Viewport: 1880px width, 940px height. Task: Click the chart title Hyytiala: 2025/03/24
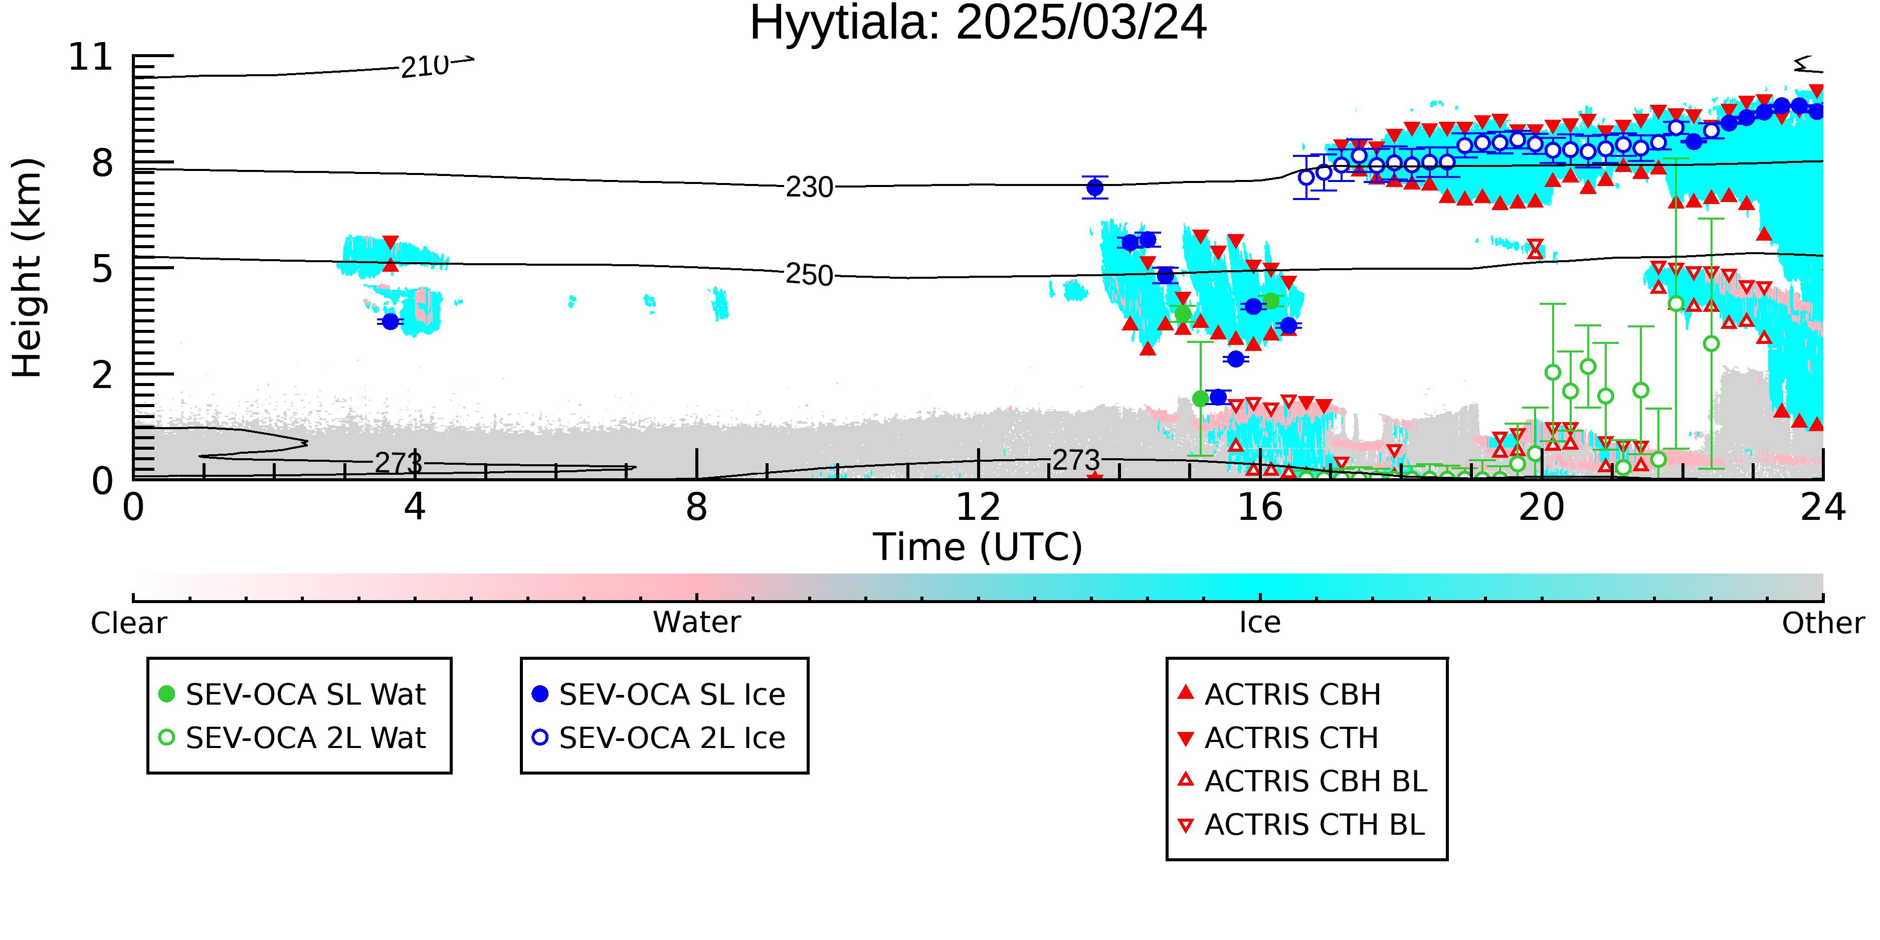tap(978, 24)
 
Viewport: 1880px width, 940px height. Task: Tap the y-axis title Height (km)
tap(28, 268)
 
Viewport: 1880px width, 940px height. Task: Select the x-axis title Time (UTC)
tap(978, 547)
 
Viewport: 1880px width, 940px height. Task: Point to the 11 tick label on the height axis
tap(91, 57)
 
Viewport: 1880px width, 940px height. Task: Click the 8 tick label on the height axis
tap(103, 163)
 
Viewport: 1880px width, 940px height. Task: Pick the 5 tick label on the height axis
tap(103, 269)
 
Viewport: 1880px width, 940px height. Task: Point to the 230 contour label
tap(809, 187)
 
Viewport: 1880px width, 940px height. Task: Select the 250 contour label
tap(809, 275)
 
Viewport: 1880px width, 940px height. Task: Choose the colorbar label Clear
tap(128, 623)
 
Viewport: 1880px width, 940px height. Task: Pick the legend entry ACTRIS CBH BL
tap(1303, 781)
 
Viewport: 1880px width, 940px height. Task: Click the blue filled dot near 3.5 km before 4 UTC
tap(391, 321)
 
